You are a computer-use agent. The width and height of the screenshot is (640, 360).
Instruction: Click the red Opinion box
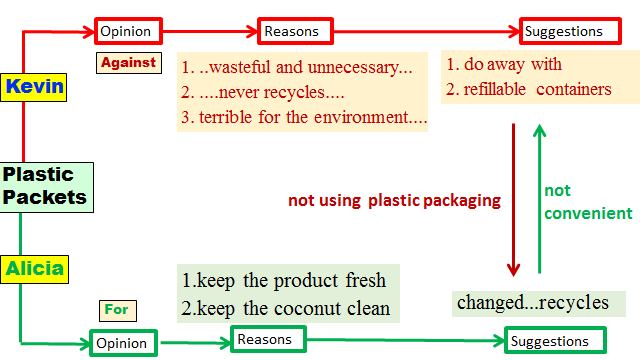pos(126,30)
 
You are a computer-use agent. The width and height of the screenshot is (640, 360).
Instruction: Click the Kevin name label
pos(35,86)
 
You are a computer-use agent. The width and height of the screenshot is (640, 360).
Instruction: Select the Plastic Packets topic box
pos(45,187)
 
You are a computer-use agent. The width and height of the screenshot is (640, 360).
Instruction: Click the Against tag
pos(128,62)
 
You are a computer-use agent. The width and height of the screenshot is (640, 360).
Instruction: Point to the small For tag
pos(117,309)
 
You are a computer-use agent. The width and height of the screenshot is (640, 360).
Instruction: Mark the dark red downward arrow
pos(514,200)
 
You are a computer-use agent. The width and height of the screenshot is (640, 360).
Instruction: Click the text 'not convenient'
pos(588,201)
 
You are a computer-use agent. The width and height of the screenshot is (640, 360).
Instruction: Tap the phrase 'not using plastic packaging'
pos(394,200)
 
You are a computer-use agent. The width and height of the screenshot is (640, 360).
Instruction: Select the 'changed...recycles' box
pos(534,302)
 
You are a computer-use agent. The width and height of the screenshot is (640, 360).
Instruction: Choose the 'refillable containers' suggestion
pos(529,89)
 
